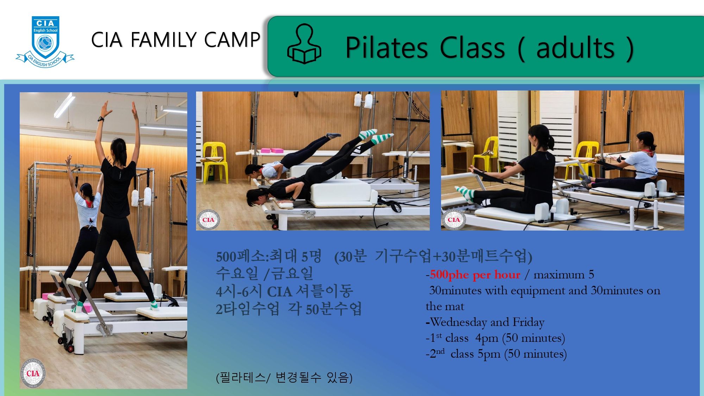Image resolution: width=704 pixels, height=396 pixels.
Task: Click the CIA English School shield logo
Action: [x=45, y=42]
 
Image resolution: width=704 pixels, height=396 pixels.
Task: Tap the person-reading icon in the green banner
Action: [x=304, y=44]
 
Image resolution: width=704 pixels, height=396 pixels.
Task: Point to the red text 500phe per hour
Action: [x=475, y=275]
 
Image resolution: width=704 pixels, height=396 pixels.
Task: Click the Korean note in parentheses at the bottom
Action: [x=284, y=378]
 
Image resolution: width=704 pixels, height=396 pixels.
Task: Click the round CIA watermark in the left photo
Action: [x=33, y=373]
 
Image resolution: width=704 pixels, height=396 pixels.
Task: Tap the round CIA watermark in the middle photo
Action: [x=208, y=220]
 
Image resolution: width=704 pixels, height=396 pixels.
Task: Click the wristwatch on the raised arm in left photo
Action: [x=101, y=119]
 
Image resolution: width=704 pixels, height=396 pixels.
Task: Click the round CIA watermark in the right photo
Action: [x=453, y=220]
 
